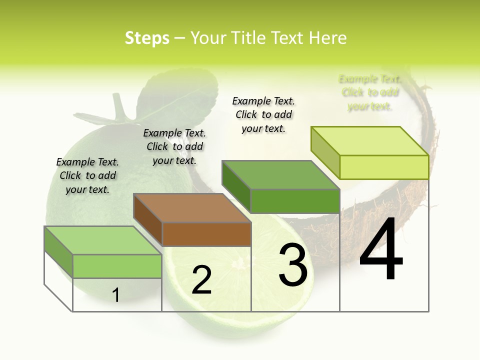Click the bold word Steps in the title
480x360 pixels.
(x=147, y=38)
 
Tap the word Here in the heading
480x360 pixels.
(x=328, y=38)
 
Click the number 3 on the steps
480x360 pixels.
(x=293, y=265)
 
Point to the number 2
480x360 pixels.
(x=201, y=280)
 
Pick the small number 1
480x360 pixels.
(x=116, y=295)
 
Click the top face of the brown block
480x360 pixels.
(x=192, y=208)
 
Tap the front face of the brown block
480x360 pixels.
(x=206, y=234)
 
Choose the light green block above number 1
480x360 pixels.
(x=116, y=265)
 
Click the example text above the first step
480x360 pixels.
(x=87, y=175)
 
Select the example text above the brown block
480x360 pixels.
(x=174, y=146)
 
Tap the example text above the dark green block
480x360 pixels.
(x=263, y=114)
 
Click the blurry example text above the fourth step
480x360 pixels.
(x=370, y=92)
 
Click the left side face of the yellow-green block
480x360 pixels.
(x=325, y=152)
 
